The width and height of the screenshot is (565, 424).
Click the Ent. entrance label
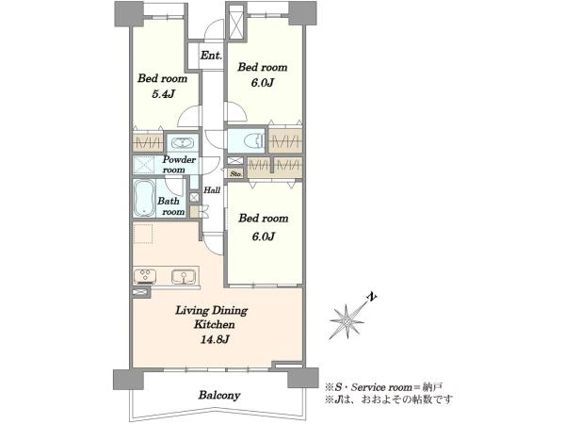211,56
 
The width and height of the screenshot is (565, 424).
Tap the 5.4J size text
163,94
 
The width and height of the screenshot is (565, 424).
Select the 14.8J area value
215,339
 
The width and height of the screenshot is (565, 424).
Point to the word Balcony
219,395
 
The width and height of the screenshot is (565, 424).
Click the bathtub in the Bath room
144,199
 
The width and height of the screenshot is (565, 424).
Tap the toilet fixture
253,140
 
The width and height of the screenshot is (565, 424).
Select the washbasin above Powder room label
183,143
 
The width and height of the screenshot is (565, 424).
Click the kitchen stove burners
145,277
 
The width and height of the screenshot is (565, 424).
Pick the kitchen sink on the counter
184,277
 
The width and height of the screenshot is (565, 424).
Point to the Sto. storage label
236,173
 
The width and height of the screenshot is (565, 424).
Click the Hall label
212,190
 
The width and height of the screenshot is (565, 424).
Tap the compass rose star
347,321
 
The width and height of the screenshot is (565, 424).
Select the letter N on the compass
372,297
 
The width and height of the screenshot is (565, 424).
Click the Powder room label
179,164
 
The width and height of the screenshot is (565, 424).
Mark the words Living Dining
212,311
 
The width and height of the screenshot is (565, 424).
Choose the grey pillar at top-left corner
129,14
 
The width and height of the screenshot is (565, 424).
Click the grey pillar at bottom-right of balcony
302,378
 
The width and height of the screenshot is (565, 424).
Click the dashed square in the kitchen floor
143,234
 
